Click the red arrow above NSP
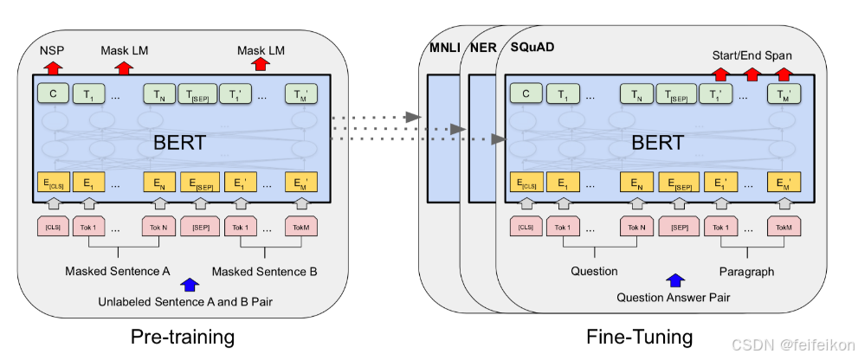[54, 67]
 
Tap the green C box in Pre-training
[52, 94]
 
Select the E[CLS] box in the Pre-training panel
[53, 183]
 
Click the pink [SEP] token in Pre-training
[200, 228]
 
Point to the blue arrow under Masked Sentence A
[188, 284]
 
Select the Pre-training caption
[183, 336]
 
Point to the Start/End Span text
[752, 55]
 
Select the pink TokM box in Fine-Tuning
[784, 228]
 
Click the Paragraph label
[746, 271]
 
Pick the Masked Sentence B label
[264, 271]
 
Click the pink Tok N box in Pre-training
[158, 228]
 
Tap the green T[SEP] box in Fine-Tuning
[677, 94]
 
